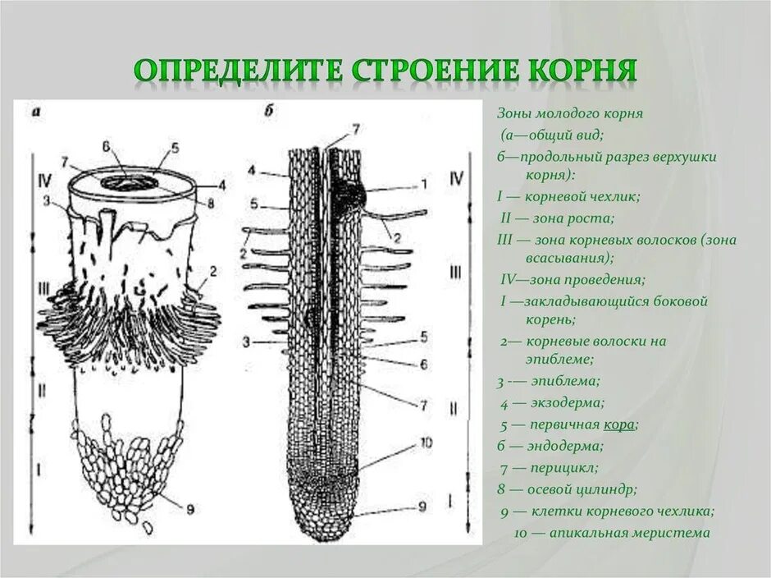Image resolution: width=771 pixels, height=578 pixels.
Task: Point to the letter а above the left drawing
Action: pyautogui.click(x=36, y=112)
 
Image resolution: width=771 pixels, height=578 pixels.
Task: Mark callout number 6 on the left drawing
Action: pyautogui.click(x=107, y=146)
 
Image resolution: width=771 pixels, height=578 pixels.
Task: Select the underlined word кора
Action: pyautogui.click(x=621, y=425)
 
